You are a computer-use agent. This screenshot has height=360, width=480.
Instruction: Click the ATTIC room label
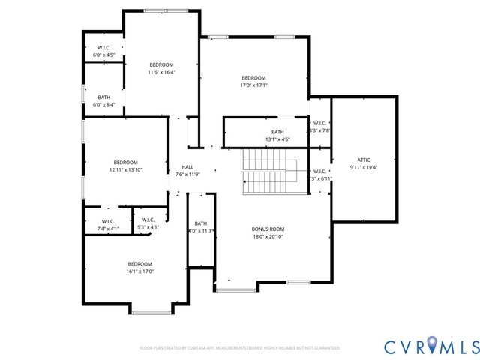point(364,160)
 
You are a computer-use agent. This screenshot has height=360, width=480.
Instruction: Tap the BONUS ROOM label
point(268,229)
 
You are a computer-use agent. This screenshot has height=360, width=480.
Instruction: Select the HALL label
point(187,167)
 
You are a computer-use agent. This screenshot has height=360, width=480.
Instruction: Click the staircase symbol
point(268,171)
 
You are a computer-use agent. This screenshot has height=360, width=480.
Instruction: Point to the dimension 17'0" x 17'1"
point(253,85)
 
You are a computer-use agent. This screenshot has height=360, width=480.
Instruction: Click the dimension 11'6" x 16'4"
point(161,73)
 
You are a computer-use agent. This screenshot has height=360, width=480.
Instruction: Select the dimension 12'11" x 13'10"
point(125,170)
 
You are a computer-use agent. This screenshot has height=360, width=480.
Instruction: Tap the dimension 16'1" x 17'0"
point(139,271)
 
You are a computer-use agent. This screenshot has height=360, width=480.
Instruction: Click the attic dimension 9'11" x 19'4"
point(364,167)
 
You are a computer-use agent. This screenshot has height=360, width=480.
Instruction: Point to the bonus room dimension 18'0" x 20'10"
point(268,237)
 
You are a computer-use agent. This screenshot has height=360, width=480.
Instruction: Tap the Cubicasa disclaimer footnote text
point(239,348)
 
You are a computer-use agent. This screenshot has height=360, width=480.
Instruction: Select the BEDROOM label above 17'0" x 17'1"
point(253,78)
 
